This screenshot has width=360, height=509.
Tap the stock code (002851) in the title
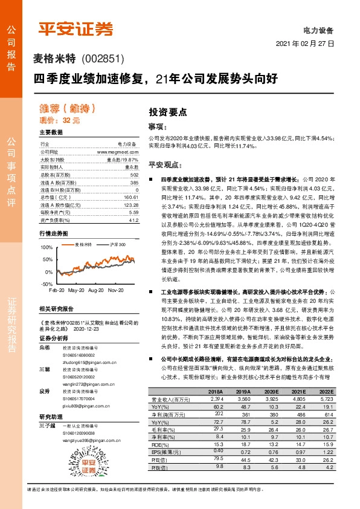(102, 59)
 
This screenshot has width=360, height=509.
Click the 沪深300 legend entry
(118, 244)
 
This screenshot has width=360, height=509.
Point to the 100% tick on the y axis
(45, 248)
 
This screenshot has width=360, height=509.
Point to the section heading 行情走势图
(54, 233)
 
